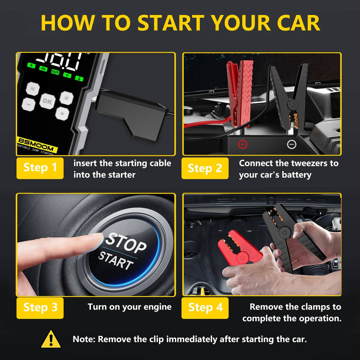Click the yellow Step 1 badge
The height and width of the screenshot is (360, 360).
(x=40, y=168)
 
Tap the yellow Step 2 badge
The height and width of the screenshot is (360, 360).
(x=205, y=168)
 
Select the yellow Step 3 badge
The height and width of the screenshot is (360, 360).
(x=40, y=308)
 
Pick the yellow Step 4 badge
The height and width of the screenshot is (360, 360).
(x=205, y=308)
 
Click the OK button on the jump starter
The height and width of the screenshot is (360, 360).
(x=47, y=101)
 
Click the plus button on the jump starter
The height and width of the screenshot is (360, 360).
(x=62, y=114)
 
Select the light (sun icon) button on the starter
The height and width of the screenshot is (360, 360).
(x=66, y=98)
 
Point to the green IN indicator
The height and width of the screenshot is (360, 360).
(x=43, y=69)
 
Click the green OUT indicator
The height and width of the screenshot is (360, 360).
(x=55, y=72)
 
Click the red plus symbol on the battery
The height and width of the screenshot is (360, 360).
(x=242, y=145)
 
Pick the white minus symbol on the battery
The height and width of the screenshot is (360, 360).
(x=292, y=145)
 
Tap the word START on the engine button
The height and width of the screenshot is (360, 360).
(x=116, y=260)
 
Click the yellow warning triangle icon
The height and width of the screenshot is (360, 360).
(x=51, y=339)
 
